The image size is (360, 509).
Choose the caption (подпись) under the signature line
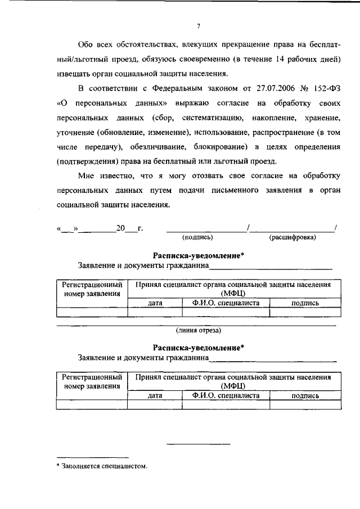197,237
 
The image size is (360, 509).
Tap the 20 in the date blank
120,228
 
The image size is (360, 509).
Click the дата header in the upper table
155,303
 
